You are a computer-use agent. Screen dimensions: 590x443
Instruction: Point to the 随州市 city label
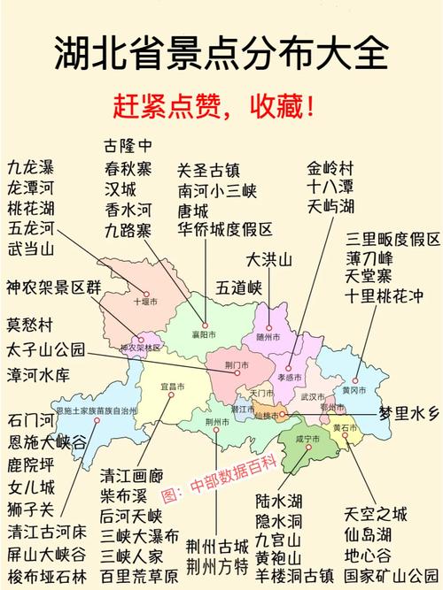tap(268, 337)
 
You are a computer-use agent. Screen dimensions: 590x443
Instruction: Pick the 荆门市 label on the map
tap(236, 364)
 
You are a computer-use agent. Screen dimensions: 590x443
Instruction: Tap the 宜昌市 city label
tap(172, 387)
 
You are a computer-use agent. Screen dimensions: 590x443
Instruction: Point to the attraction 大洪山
tap(268, 260)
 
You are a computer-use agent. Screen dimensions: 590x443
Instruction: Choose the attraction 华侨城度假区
tap(224, 230)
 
